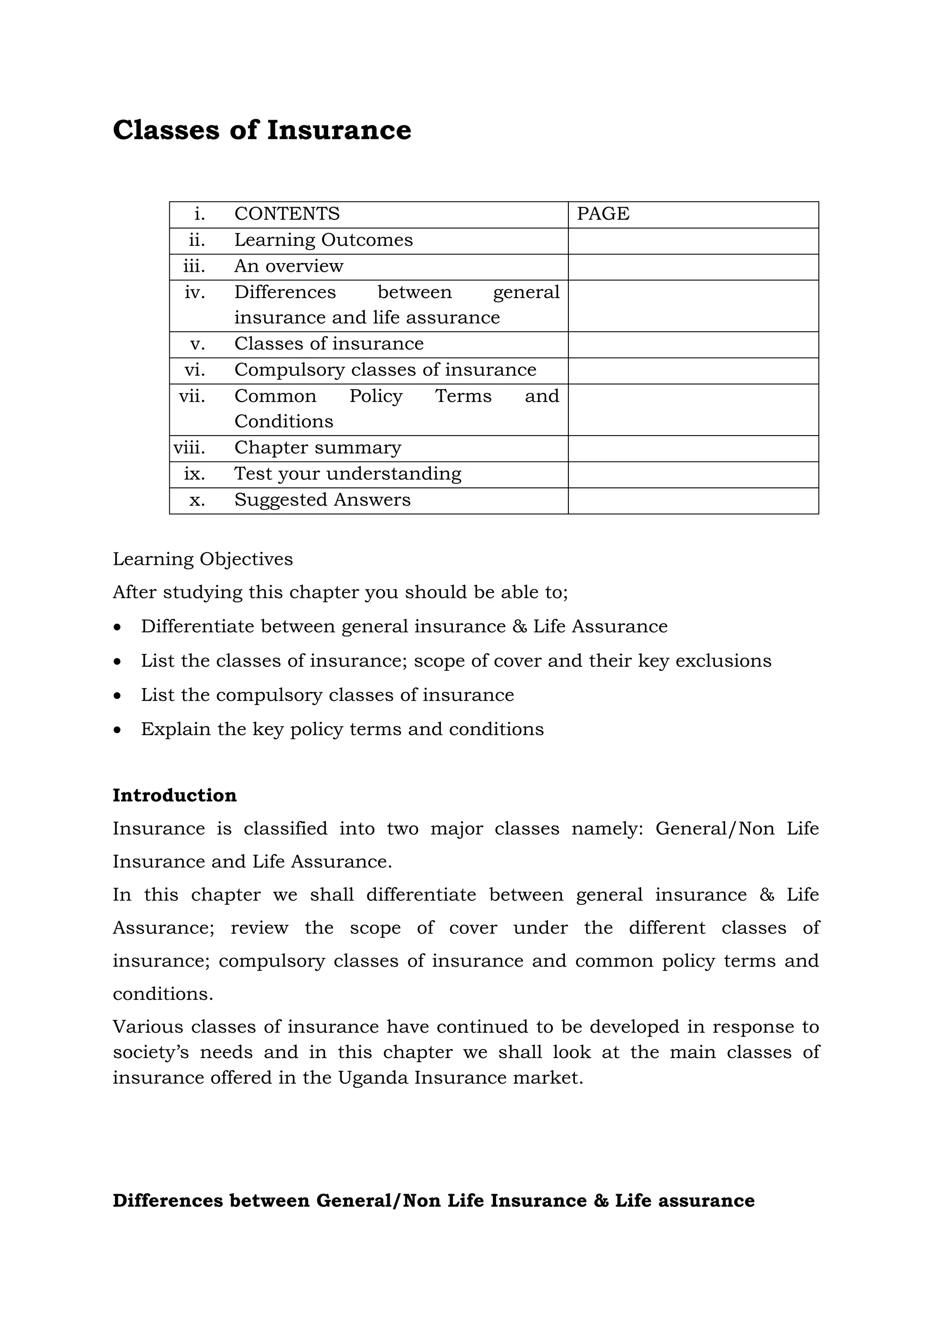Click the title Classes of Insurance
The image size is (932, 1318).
[262, 130]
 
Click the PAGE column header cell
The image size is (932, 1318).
[603, 213]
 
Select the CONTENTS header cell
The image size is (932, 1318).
[287, 213]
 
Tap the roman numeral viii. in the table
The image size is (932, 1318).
[189, 447]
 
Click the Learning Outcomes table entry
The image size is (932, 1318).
[323, 240]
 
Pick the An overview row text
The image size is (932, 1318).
[289, 266]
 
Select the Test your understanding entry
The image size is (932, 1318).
[348, 474]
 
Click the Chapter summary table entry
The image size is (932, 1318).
[317, 447]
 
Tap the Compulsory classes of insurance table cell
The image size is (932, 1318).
[385, 370]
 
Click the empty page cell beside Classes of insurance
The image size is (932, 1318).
[693, 345]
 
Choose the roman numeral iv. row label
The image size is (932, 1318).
[195, 293]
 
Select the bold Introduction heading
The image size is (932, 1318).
[174, 796]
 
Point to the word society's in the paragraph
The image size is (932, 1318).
[149, 1052]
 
